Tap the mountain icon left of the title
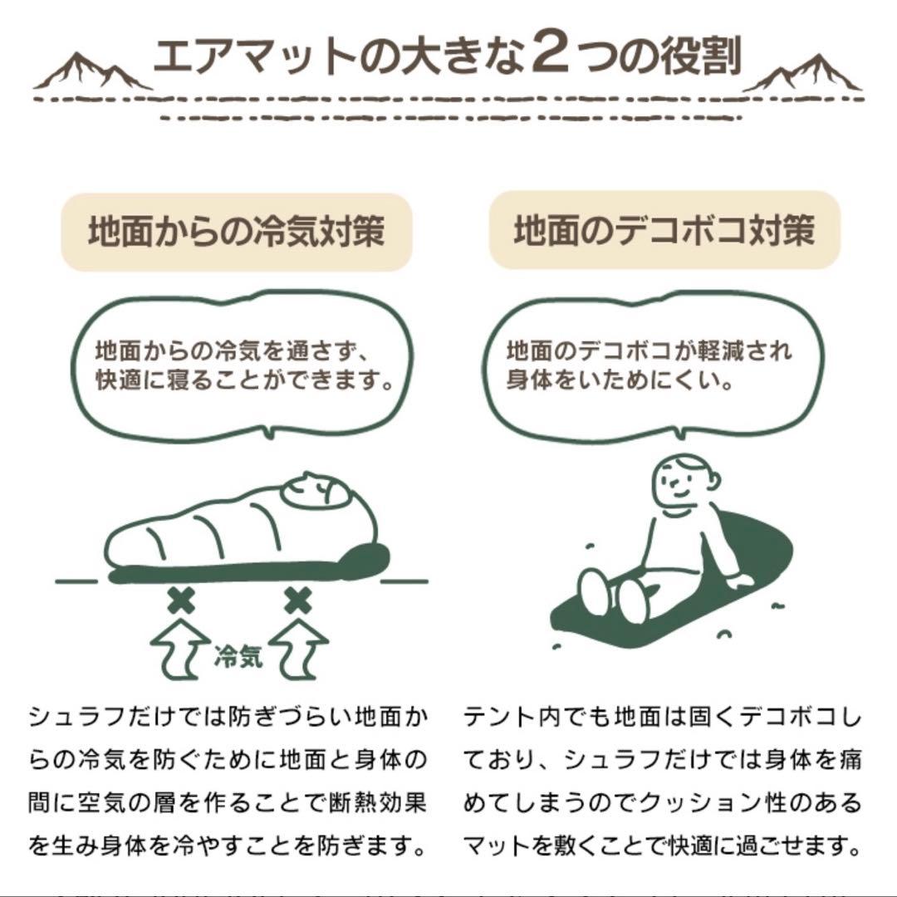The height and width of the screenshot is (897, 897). point(91,72)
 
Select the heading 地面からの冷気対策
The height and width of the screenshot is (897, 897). point(237,231)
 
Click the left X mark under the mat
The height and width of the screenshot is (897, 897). point(180,599)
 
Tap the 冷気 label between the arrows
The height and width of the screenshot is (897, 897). point(239,657)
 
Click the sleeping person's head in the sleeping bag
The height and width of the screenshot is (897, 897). point(316,492)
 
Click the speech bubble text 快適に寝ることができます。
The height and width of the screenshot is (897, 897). point(243,380)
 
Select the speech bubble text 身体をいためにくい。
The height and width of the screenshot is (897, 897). point(619,382)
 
